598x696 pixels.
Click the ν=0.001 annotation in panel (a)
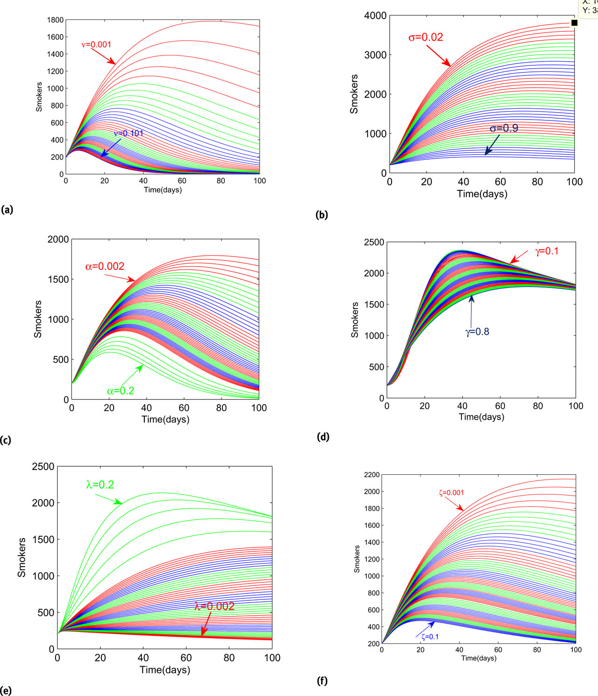pos(96,45)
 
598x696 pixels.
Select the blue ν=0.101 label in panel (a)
pos(128,134)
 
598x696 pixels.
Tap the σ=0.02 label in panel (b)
pos(426,37)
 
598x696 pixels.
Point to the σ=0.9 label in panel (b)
pos(504,128)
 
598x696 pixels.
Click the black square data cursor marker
pos(574,23)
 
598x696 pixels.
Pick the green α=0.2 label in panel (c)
pos(121,391)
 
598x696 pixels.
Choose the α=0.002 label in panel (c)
pos(105,267)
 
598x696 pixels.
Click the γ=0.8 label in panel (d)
pos(477,332)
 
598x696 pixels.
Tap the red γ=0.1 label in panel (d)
pos(547,251)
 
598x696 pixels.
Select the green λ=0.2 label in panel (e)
pos(100,485)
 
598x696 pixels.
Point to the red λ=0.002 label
pos(214,606)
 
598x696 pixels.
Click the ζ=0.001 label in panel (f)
pos(451,493)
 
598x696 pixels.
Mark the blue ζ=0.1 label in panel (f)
pos(430,637)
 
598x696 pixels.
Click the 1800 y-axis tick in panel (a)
pos(55,20)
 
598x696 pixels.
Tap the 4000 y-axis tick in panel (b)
pos(375,16)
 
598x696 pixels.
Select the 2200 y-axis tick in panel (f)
pos(372,475)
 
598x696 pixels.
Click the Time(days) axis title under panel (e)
pos(164,670)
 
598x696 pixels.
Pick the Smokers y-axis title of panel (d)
pos(355,320)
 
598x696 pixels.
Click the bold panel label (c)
pos(6,440)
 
